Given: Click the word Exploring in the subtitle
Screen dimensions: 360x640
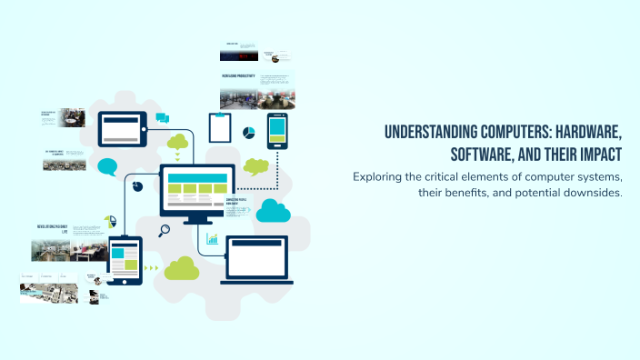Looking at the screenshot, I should point(380,175).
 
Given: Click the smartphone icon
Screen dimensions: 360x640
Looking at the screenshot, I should point(277,132).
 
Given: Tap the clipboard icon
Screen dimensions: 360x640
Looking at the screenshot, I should point(219,128).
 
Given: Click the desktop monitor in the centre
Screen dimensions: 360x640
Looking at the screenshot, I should point(197,192).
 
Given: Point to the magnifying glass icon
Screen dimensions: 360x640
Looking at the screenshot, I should point(165,231).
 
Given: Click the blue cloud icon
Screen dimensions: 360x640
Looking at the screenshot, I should point(272,212).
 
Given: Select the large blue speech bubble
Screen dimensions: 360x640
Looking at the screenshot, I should point(108,167).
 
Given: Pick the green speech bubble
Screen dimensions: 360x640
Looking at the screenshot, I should point(256,166).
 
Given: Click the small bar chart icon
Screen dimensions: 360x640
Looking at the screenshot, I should point(212,239).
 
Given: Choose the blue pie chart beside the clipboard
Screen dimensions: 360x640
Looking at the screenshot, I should point(248,134).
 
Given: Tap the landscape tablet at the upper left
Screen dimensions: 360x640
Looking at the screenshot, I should point(123,129).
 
